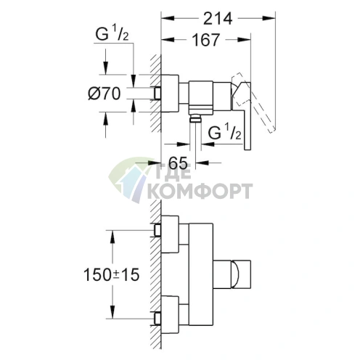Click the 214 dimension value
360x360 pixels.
[218, 19]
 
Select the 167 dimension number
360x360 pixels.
[206, 40]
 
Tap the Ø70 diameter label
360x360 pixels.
[105, 94]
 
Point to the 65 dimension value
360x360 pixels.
[178, 163]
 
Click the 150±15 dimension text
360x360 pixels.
[112, 275]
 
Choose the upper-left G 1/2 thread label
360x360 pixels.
[112, 34]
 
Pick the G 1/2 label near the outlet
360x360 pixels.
[225, 133]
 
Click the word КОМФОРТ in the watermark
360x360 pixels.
[200, 191]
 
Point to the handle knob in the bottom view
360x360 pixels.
[242, 274]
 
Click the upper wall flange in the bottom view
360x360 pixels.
[170, 234]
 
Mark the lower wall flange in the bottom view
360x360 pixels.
[170, 314]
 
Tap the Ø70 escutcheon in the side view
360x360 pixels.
[170, 94]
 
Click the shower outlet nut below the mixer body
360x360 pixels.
[195, 118]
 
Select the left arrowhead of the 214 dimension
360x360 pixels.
[168, 18]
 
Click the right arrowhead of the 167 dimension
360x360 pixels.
[244, 40]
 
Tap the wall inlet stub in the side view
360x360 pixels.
[157, 94]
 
